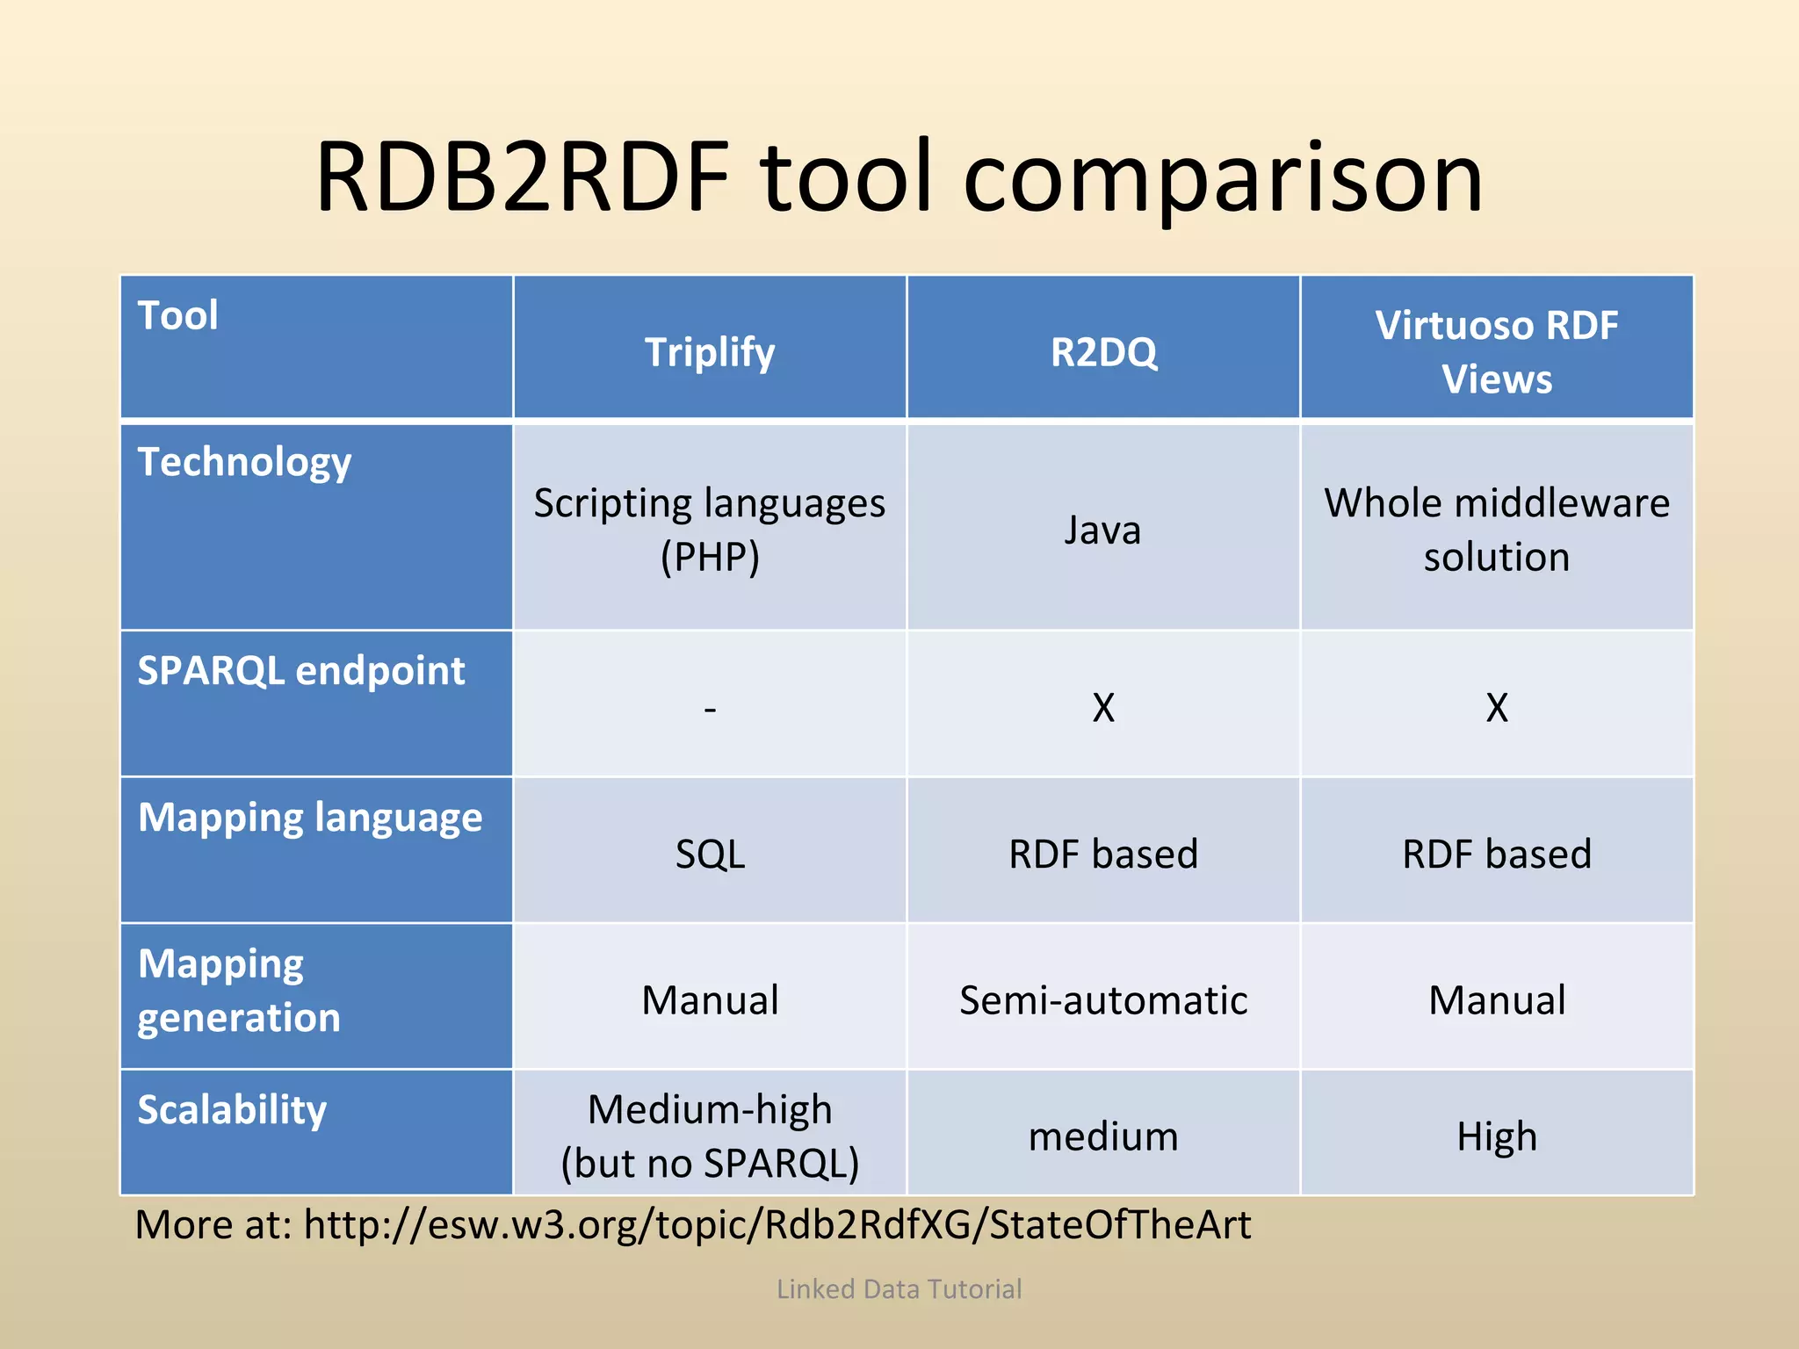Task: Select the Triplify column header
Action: pyautogui.click(x=710, y=352)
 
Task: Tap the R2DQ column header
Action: pyautogui.click(x=1103, y=352)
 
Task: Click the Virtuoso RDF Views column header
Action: pyautogui.click(x=1496, y=351)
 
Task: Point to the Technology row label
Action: pyautogui.click(x=244, y=463)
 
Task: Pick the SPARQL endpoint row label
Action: pyautogui.click(x=301, y=671)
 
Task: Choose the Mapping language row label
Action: pyautogui.click(x=310, y=818)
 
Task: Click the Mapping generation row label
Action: pyautogui.click(x=239, y=991)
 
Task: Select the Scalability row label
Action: pyautogui.click(x=232, y=1110)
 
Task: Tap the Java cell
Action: pyautogui.click(x=1102, y=530)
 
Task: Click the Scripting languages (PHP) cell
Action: pyautogui.click(x=710, y=530)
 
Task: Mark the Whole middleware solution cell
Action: pyautogui.click(x=1496, y=530)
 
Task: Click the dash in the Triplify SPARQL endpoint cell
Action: pyautogui.click(x=710, y=708)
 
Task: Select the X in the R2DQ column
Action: pyautogui.click(x=1103, y=708)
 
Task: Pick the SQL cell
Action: pyautogui.click(x=710, y=854)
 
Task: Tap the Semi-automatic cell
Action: pyautogui.click(x=1103, y=1000)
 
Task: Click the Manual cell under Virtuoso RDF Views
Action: pyautogui.click(x=1496, y=1000)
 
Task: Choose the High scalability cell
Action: pyautogui.click(x=1496, y=1136)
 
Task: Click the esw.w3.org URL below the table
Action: pyautogui.click(x=777, y=1224)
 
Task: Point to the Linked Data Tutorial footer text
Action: pyautogui.click(x=899, y=1288)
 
